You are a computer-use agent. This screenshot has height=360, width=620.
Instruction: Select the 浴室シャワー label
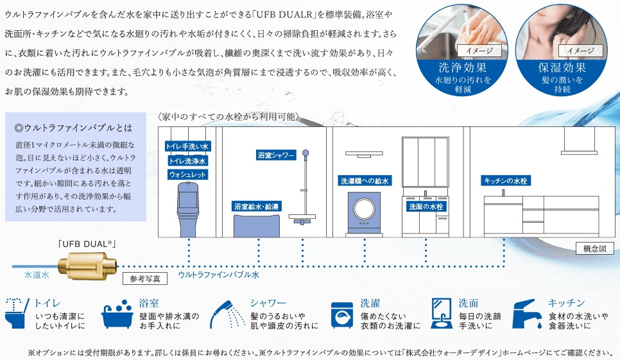point(276,155)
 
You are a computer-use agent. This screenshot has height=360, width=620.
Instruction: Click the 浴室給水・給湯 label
point(256,207)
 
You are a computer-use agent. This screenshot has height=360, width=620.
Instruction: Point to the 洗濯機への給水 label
point(365,182)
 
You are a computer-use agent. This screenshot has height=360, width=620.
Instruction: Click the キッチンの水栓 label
point(505,182)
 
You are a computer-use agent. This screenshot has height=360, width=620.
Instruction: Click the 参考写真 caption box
point(145,279)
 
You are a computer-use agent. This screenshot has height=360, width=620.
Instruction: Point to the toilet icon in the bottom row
point(16,313)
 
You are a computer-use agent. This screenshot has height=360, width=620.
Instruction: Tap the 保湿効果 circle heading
point(562,67)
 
